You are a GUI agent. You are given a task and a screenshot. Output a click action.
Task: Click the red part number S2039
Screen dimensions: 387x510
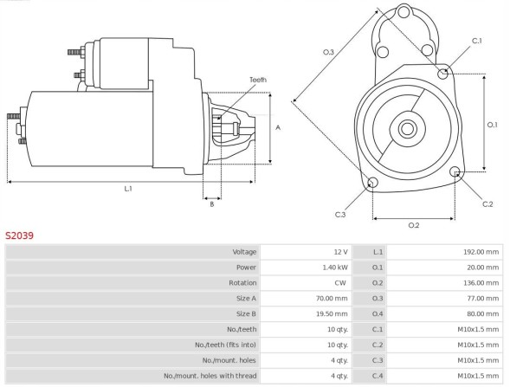click(19, 235)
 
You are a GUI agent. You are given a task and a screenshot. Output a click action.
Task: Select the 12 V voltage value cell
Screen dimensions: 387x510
click(341, 251)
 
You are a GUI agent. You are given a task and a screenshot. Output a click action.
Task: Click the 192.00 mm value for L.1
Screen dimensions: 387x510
click(481, 251)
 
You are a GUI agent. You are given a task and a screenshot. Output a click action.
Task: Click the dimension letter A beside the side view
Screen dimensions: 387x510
click(277, 127)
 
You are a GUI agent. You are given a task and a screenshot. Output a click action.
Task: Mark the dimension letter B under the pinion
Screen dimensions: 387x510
click(211, 203)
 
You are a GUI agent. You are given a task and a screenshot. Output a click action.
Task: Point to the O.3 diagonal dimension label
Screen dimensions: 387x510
click(328, 53)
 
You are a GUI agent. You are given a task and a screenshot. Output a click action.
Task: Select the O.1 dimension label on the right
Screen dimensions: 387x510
click(492, 125)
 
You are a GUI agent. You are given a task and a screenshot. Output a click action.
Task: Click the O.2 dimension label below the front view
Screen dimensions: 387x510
click(413, 225)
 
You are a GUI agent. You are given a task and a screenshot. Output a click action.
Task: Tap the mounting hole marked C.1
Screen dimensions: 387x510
click(444, 74)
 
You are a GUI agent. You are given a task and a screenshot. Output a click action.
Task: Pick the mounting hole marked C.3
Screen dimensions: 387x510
click(372, 184)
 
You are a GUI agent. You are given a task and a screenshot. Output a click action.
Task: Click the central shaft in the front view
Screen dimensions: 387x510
click(406, 129)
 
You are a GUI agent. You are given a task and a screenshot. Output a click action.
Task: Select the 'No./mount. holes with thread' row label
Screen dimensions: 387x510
click(210, 375)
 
